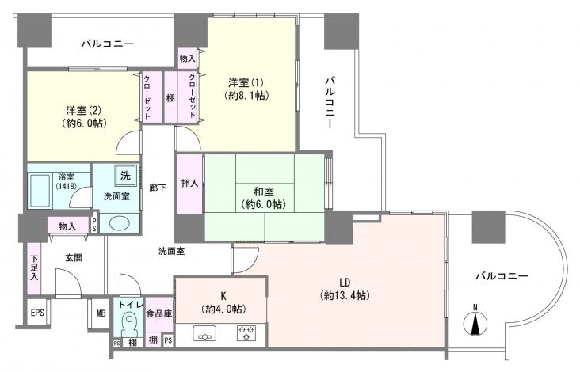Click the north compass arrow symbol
(475, 323)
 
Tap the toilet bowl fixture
(128, 325)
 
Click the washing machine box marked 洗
(125, 173)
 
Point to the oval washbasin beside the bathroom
(121, 222)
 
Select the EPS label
(37, 313)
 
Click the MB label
(101, 313)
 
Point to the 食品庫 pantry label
(158, 314)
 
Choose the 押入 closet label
(189, 184)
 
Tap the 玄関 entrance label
(74, 258)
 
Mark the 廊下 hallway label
(157, 188)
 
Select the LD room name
(345, 282)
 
